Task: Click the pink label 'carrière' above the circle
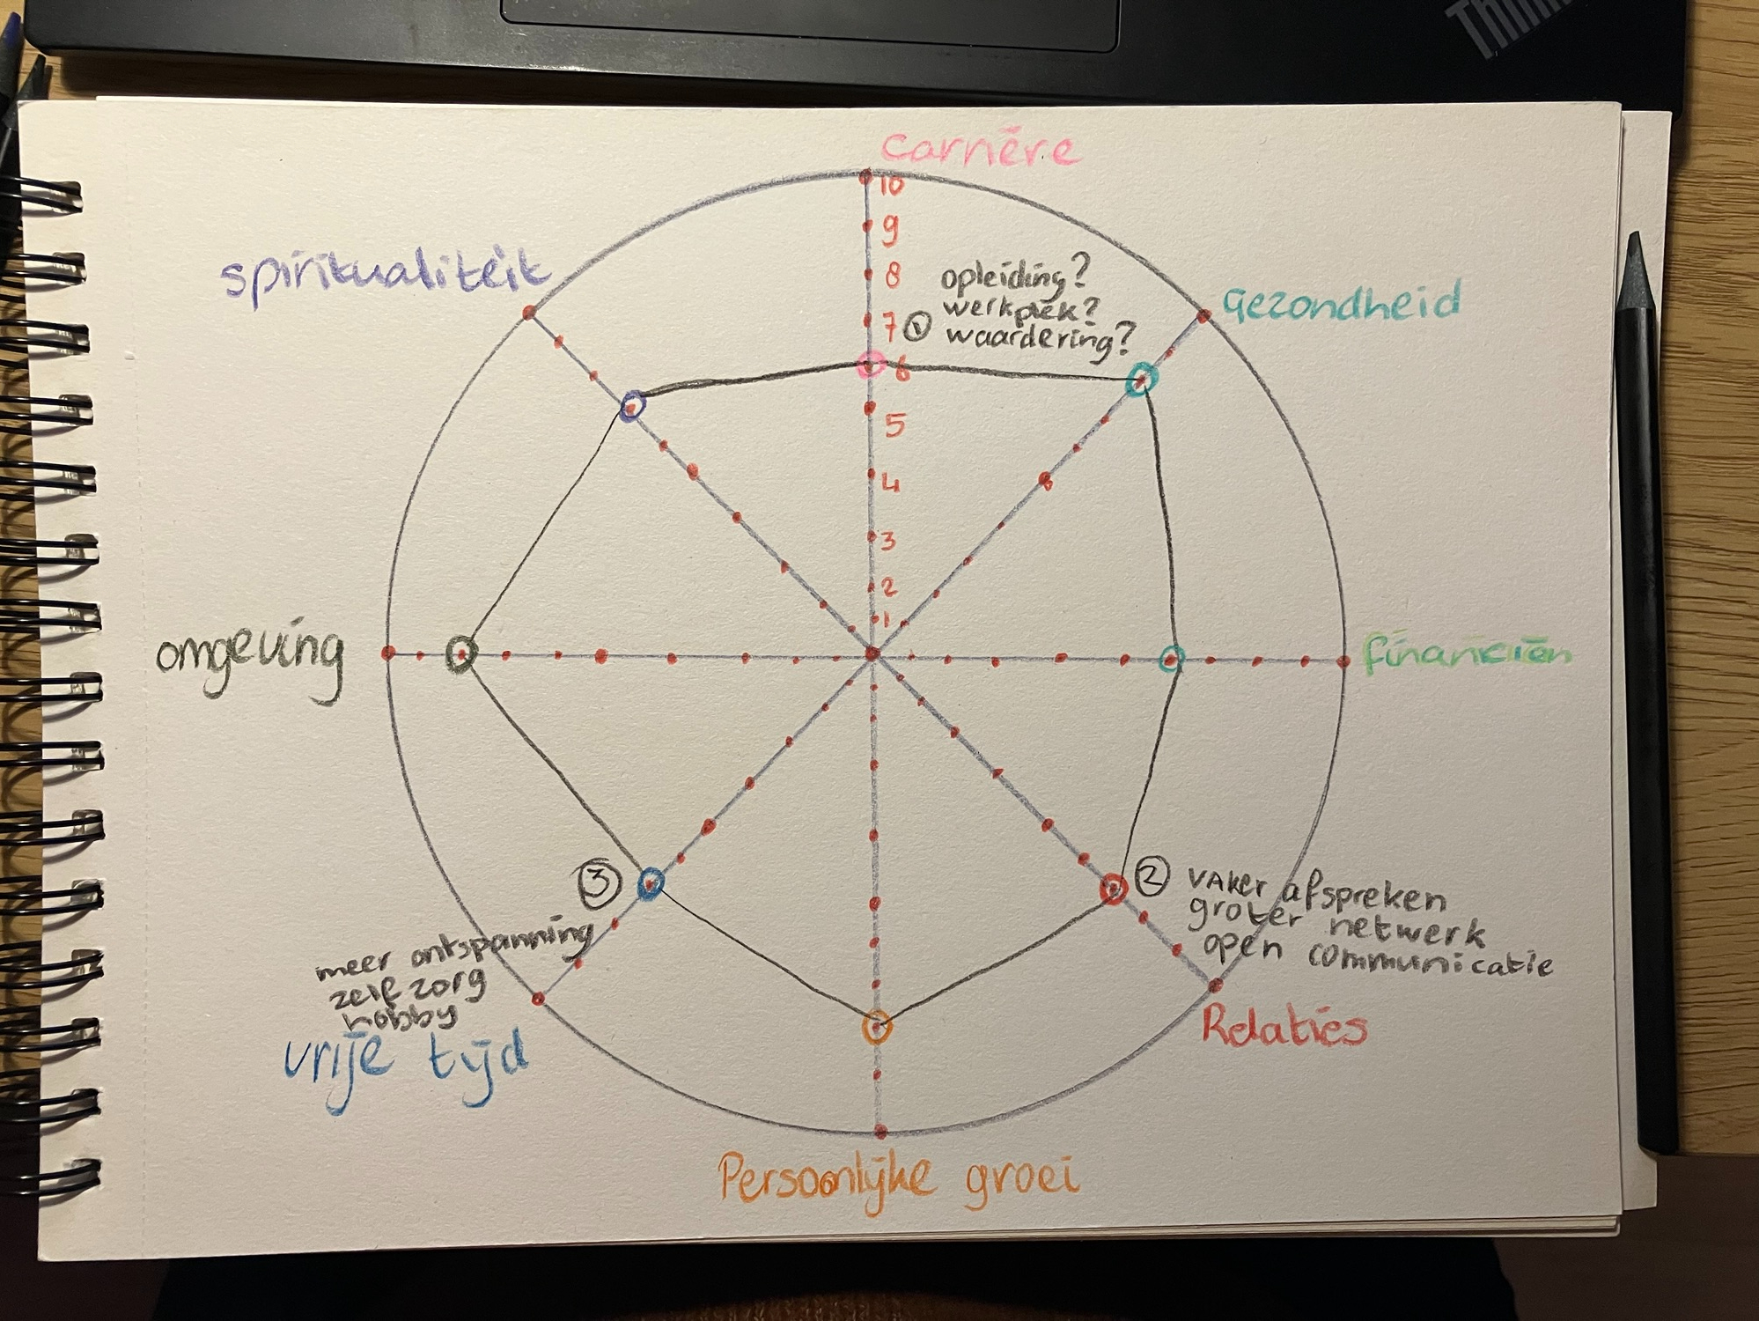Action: point(980,151)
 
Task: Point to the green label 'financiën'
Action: point(1466,654)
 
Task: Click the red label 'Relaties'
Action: point(1284,1026)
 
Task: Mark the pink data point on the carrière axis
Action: point(871,365)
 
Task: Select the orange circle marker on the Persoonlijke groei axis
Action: point(877,1027)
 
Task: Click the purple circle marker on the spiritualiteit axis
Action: point(632,406)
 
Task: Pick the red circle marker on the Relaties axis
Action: point(1114,889)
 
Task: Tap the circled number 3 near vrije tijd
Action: point(600,883)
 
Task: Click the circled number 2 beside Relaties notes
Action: point(1152,875)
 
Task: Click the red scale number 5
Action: point(894,426)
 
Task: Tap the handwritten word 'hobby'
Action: point(401,1018)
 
